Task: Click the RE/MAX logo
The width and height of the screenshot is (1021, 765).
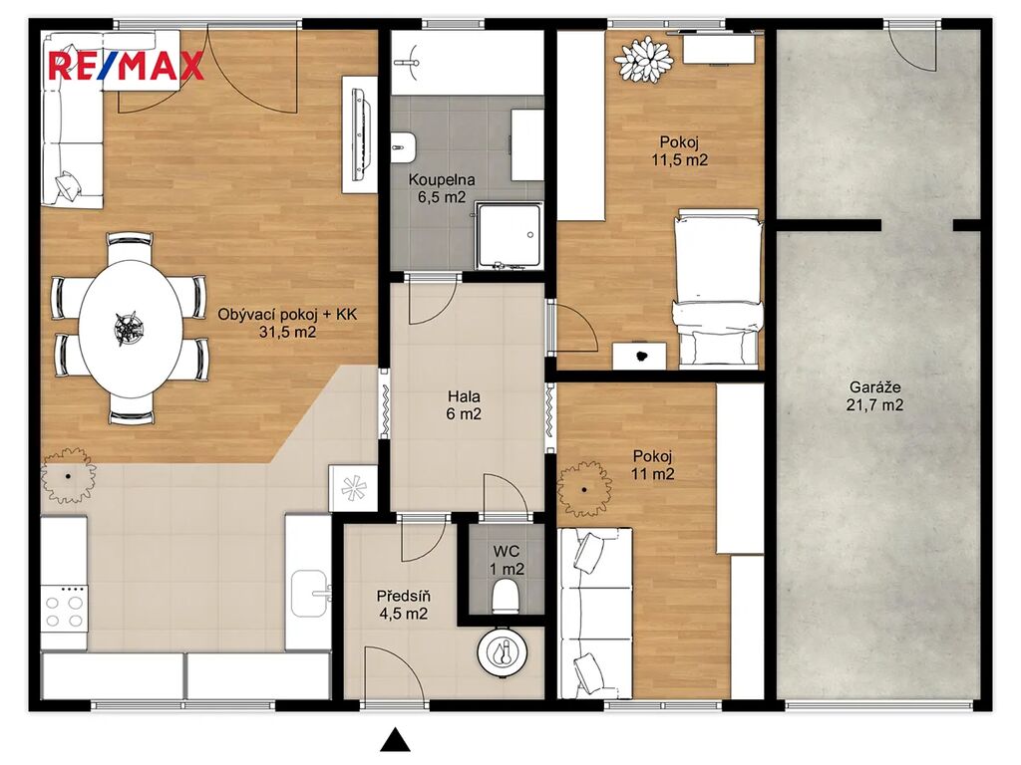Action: pos(126,67)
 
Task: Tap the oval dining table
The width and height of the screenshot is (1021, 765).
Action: pos(131,329)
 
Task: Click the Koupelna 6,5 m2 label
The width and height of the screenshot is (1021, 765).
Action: pos(442,188)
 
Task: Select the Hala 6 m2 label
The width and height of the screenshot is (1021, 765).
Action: pos(464,404)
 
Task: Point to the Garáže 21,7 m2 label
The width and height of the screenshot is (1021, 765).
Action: pos(874,396)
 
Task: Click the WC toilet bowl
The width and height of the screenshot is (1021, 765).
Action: pos(506,597)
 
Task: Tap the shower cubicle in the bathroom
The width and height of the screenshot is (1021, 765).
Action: pos(509,235)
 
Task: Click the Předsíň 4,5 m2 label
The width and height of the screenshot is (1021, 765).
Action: pos(403,605)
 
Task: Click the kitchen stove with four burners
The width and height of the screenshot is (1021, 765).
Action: pos(64,609)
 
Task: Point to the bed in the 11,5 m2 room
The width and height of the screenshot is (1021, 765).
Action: pos(716,288)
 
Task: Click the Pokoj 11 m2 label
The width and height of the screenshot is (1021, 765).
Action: pos(652,465)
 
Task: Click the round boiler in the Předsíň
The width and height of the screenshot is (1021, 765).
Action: pos(503,651)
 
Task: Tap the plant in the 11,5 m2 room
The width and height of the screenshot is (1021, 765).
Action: pos(644,59)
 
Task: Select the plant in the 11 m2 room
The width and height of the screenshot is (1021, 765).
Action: pos(584,489)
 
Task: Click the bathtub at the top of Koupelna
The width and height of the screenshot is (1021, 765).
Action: pos(467,63)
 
